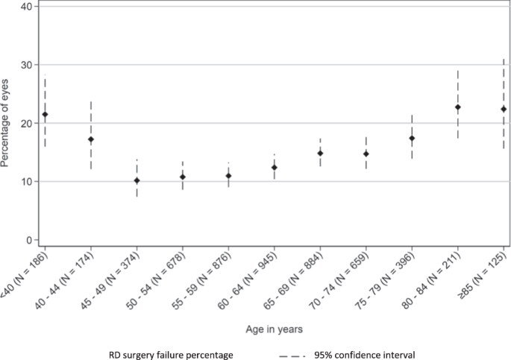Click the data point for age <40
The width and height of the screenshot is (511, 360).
tap(45, 114)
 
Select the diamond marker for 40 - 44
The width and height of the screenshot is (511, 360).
tap(91, 139)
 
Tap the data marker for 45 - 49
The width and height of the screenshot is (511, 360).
tap(137, 180)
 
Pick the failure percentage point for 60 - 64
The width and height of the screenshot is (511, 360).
tap(274, 167)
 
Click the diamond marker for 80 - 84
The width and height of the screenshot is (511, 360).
tap(457, 107)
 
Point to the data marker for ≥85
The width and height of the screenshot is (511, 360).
tap(504, 109)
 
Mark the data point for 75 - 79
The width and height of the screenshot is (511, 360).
tap(412, 138)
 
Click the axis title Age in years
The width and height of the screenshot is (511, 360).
tap(273, 326)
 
